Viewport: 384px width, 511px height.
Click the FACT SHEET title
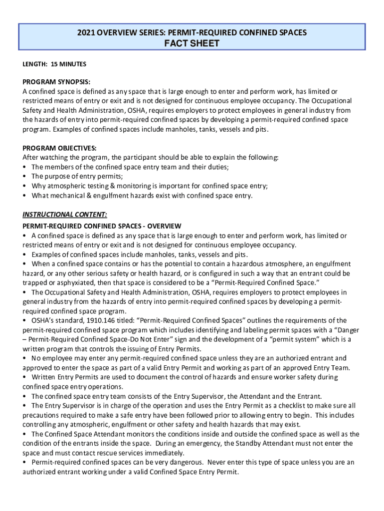click(192, 43)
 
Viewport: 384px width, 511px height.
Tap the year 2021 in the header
click(86, 33)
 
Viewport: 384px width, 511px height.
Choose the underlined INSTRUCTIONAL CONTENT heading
click(65, 215)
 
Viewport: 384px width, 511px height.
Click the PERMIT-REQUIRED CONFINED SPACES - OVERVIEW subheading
click(102, 226)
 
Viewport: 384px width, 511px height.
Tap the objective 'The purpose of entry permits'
click(77, 177)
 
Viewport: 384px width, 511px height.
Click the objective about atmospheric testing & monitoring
click(150, 186)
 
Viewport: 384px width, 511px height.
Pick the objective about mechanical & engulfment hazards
click(142, 196)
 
